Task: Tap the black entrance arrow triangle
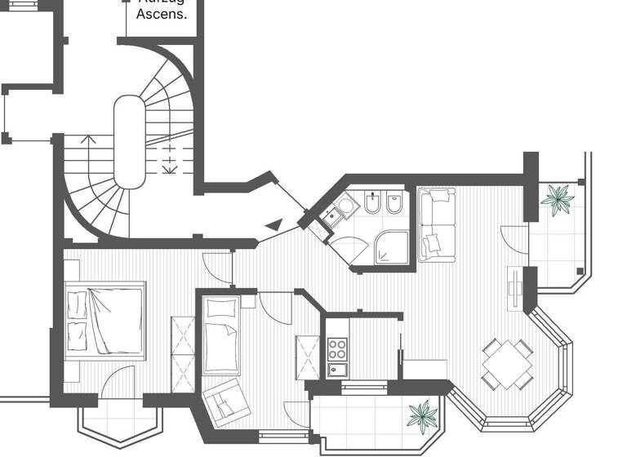274,224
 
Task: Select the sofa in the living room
436,224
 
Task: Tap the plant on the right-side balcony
559,198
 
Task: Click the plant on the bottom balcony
423,414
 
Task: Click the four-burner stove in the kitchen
337,349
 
